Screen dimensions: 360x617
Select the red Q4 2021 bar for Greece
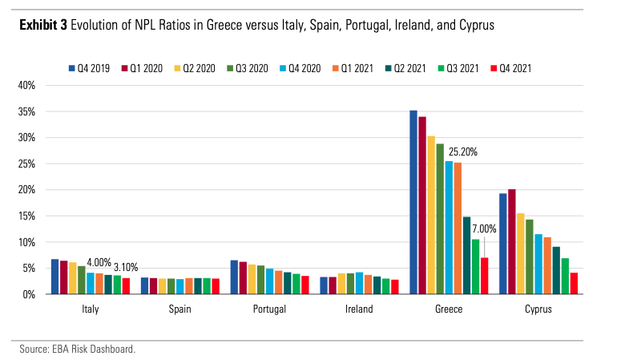point(484,276)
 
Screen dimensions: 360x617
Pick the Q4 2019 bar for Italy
point(54,277)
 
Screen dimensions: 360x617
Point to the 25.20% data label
point(463,151)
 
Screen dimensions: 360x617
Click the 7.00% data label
point(482,229)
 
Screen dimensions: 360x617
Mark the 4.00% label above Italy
point(99,262)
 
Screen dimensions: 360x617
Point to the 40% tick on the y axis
point(26,85)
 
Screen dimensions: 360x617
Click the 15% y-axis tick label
point(26,216)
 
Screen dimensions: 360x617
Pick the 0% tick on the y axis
point(28,294)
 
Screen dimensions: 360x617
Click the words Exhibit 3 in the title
point(42,25)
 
